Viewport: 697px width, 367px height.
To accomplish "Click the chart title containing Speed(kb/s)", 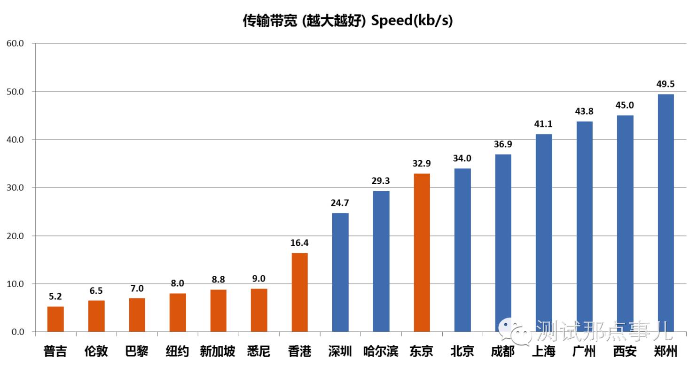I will point(348,21).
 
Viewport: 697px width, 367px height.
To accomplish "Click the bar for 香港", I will point(300,292).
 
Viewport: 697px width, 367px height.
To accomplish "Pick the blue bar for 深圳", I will point(340,273).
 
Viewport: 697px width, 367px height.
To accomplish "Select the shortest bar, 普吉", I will point(55,319).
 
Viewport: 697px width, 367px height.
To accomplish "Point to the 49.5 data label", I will point(666,84).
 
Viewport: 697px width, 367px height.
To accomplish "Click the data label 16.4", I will point(300,243).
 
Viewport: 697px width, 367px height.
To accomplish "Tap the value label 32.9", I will point(422,164).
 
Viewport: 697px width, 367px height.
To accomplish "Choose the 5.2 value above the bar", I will point(55,297).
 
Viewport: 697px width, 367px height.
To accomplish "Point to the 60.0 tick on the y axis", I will point(15,43).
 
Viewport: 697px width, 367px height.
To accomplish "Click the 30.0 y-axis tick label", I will point(15,187).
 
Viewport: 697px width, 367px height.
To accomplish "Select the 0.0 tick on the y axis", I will point(17,332).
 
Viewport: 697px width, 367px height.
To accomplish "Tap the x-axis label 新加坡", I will point(218,351).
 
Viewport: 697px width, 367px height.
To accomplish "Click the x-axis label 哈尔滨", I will point(381,351).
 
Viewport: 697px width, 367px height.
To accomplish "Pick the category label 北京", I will point(462,351).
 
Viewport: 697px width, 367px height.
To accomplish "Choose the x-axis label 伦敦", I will point(96,351).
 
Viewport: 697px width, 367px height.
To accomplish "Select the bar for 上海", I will point(544,233).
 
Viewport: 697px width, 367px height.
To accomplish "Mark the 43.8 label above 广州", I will point(584,111).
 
